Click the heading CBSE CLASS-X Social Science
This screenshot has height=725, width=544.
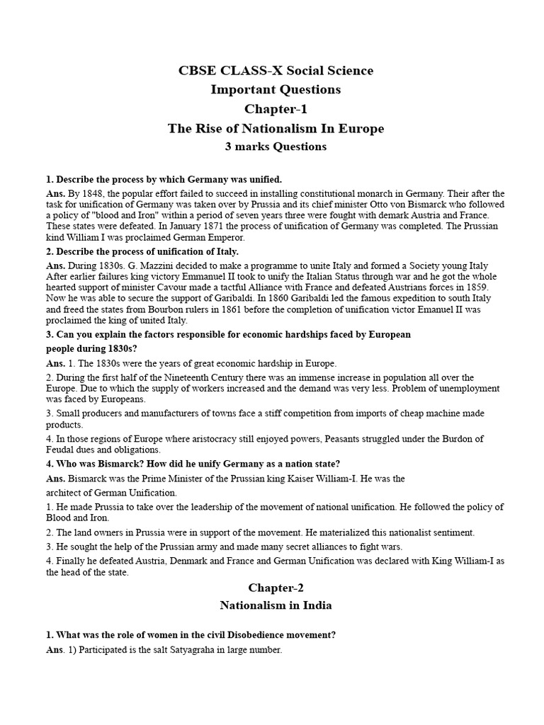click(276, 71)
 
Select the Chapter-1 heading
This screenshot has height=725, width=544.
click(276, 109)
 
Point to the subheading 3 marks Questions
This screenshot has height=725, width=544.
click(276, 147)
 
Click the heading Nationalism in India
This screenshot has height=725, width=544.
click(276, 606)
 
